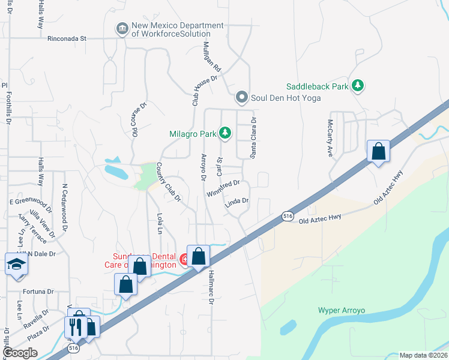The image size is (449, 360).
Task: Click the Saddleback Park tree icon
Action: [x=358, y=86]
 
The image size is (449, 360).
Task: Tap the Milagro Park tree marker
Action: [x=225, y=132]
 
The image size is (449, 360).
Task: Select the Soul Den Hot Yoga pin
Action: [x=242, y=97]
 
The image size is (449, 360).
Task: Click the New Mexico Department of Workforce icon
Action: [x=122, y=29]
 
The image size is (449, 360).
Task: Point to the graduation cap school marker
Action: [x=16, y=265]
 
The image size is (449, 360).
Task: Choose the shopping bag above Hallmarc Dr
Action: [x=199, y=257]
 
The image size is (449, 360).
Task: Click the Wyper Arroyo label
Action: [x=342, y=311]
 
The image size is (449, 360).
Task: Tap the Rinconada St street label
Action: [x=67, y=38]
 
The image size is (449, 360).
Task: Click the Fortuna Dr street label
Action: [x=38, y=292]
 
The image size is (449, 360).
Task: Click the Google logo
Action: [x=20, y=353]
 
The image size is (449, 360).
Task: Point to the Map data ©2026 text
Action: [x=423, y=355]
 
